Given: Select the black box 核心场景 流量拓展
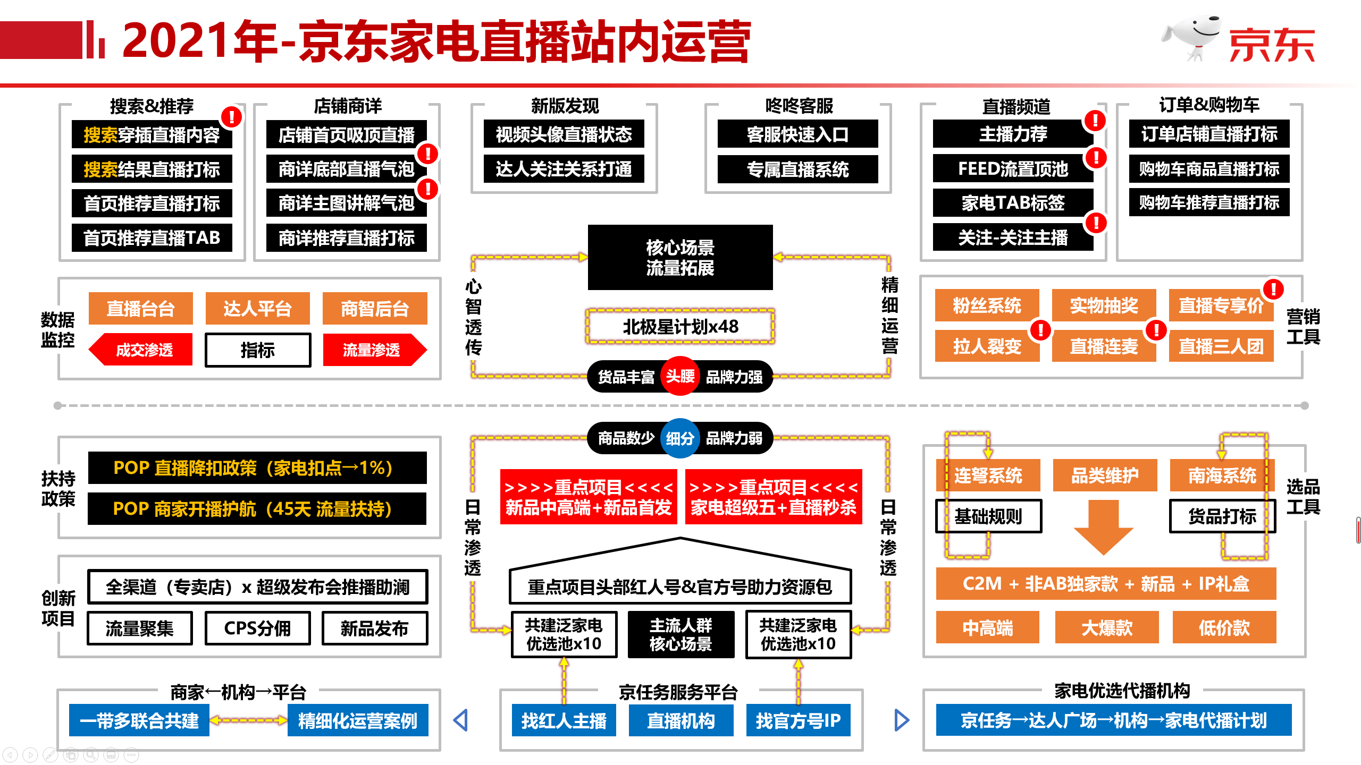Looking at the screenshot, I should pyautogui.click(x=680, y=258).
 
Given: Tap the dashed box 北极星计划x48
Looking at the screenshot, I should pyautogui.click(x=680, y=326).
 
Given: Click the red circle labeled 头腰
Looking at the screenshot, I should pyautogui.click(x=680, y=376).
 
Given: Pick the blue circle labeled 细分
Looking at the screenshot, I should pyautogui.click(x=680, y=438).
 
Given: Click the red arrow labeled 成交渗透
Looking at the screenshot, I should pyautogui.click(x=141, y=350).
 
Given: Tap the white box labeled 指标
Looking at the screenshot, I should pyautogui.click(x=258, y=350).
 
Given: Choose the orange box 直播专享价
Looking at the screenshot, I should pyautogui.click(x=1221, y=305).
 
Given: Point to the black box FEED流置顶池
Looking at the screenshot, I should pyautogui.click(x=1013, y=169).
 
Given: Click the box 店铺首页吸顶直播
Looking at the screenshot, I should pyautogui.click(x=346, y=135).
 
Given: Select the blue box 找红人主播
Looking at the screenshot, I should pyautogui.click(x=564, y=720).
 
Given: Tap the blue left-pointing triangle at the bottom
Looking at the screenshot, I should pyautogui.click(x=461, y=720).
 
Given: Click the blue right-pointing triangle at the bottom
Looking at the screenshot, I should pyautogui.click(x=902, y=720).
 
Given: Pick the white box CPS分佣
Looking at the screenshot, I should pyautogui.click(x=257, y=628).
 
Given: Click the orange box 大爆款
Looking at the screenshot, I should pyautogui.click(x=1106, y=628).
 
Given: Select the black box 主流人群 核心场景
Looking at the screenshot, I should pyautogui.click(x=680, y=634).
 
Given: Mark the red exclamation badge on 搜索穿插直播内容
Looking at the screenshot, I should pyautogui.click(x=231, y=117).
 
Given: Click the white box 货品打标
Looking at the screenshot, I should pyautogui.click(x=1222, y=516).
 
